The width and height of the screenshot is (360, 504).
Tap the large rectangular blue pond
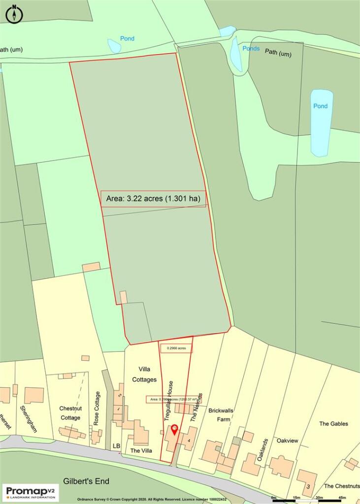tap(321, 123)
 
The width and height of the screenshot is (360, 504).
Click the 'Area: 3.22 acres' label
tap(153, 199)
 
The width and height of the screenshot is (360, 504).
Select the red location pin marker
tap(174, 431)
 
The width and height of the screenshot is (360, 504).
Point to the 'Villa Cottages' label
tap(144, 374)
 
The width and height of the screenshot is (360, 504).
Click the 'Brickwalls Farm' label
tap(220, 414)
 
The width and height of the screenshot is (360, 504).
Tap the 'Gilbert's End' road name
tap(86, 481)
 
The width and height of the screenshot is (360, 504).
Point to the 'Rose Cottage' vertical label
tap(97, 408)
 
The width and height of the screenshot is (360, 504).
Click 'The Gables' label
tap(333, 424)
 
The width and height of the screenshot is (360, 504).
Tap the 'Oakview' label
tap(287, 441)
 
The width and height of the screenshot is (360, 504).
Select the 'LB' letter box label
tap(117, 446)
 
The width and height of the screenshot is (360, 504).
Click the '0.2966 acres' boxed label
tap(176, 348)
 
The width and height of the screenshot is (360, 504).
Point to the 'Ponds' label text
tap(251, 49)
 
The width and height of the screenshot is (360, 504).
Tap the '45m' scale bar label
tap(342, 498)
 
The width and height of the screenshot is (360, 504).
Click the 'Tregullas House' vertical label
tap(168, 400)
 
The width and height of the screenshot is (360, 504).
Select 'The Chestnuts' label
tap(342, 486)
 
